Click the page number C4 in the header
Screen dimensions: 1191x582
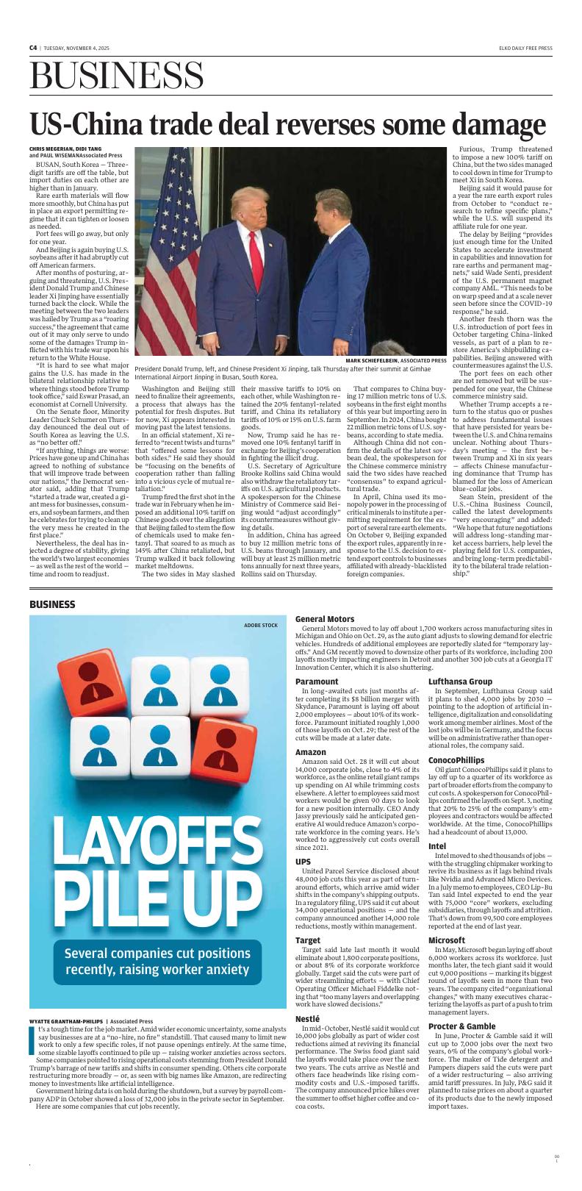point(33,48)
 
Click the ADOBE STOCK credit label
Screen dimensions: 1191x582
point(261,625)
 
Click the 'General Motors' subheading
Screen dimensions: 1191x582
point(324,619)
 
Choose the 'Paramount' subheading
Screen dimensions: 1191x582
point(317,682)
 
